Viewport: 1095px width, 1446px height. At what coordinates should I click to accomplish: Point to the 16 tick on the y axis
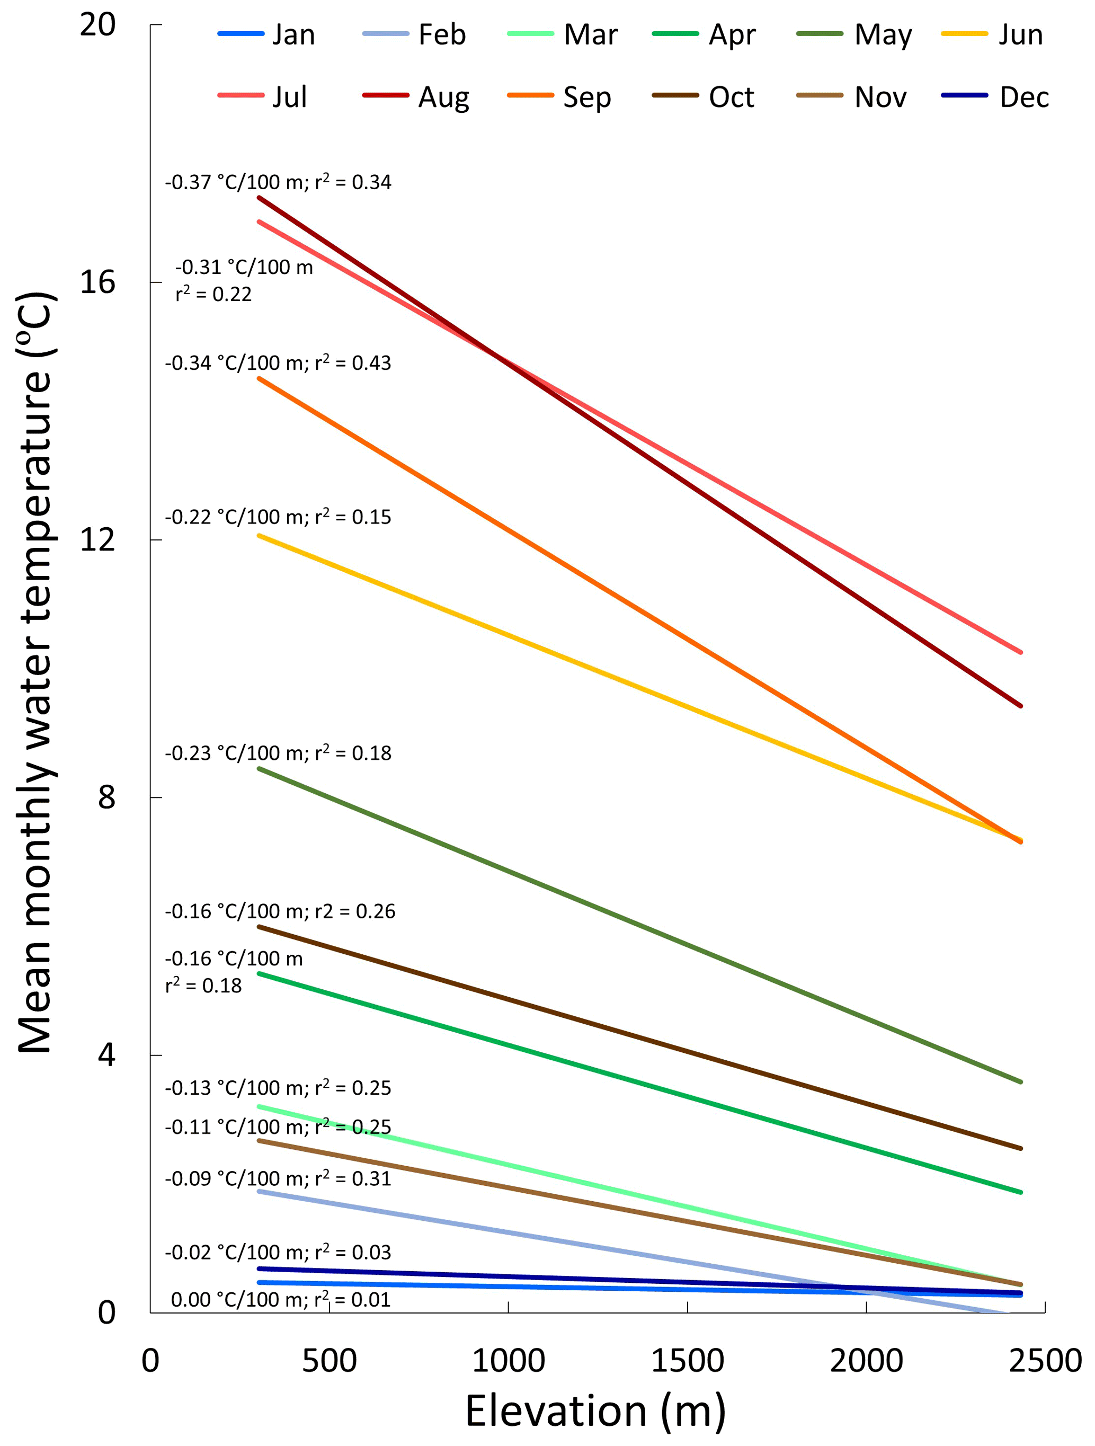coord(97,282)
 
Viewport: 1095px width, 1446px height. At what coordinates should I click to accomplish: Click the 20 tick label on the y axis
coord(97,25)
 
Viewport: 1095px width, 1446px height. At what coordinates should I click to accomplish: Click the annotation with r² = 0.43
coord(278,363)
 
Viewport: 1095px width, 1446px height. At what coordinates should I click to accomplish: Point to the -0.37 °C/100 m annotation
coord(278,182)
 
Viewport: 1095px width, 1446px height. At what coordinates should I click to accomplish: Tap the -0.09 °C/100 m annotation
coord(278,1178)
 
